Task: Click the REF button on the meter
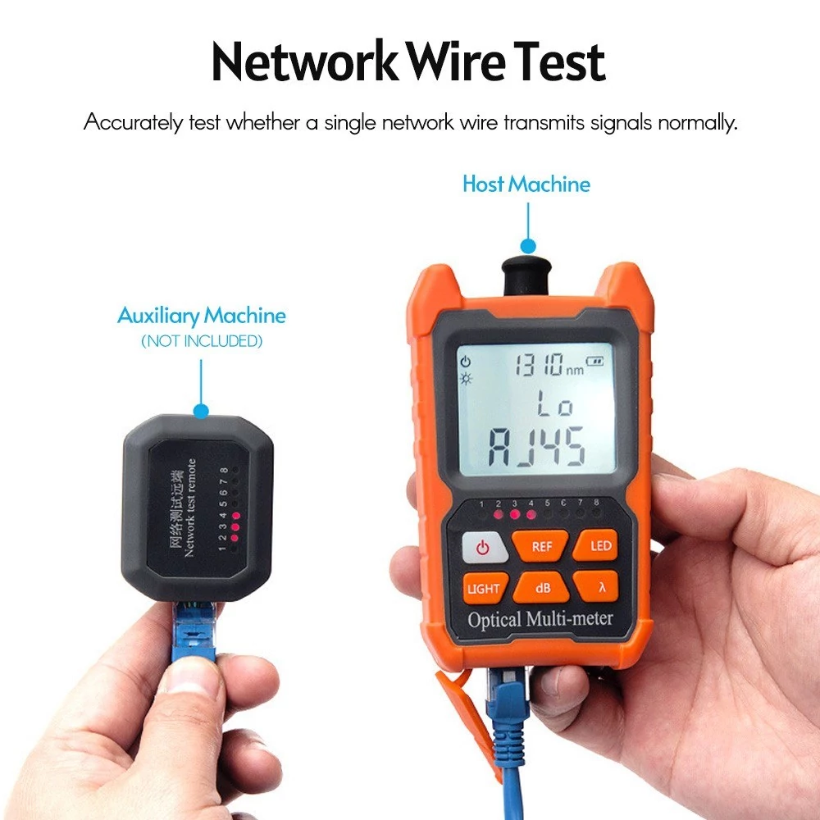pos(540,546)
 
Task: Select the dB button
pos(542,588)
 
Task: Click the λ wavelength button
pos(598,587)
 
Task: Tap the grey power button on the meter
pos(483,548)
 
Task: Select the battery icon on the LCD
pos(594,361)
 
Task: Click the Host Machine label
pos(526,184)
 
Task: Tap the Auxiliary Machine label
pos(202,316)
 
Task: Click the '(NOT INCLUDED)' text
pos(202,341)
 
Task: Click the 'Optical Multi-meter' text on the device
pos(540,619)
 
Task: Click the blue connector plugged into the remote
pos(193,632)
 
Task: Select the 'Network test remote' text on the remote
pos(190,508)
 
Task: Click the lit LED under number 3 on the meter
pos(515,515)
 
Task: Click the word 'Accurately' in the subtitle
pos(134,123)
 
